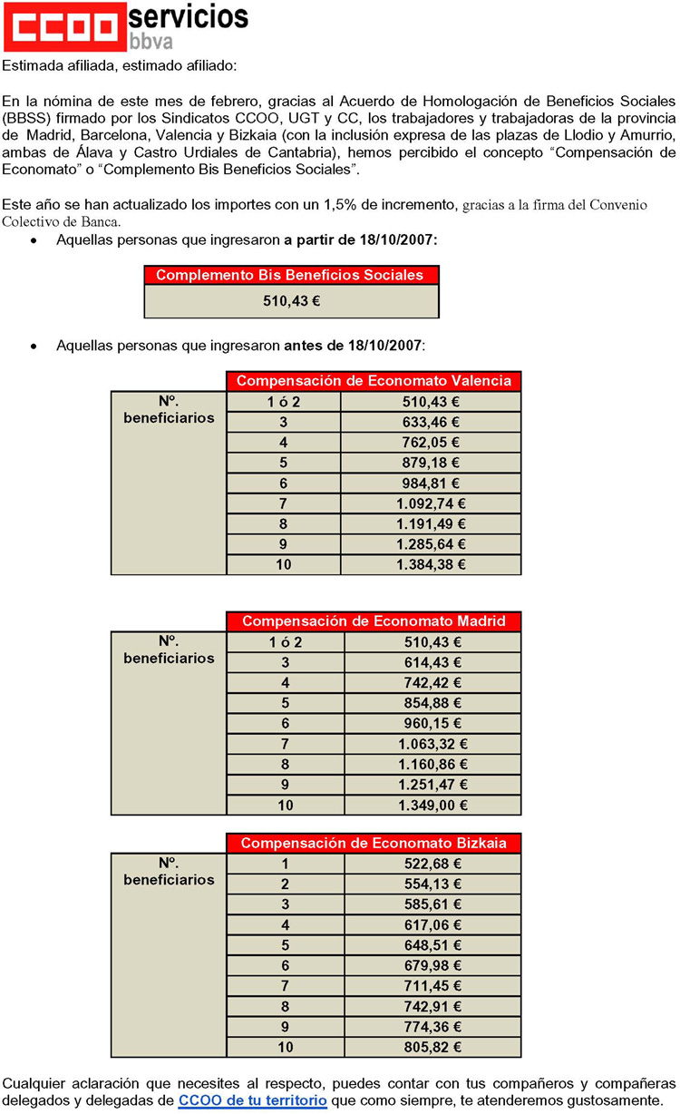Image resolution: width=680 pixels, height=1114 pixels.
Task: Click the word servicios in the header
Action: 189,15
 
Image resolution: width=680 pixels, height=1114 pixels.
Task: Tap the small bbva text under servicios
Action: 151,41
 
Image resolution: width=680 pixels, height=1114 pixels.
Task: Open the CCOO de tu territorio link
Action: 251,1100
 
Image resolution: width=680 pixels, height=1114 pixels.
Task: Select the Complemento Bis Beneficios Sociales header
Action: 291,275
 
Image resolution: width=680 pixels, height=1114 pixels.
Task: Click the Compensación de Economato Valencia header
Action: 374,381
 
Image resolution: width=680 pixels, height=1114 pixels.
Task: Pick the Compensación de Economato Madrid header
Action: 374,621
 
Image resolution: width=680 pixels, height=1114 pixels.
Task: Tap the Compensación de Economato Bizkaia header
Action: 374,843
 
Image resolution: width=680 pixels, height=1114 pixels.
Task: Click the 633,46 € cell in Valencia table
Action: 431,421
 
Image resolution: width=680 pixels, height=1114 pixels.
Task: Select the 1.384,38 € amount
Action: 431,564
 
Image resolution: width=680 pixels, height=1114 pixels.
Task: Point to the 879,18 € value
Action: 431,462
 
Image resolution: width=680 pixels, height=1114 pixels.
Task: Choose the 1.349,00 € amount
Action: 432,806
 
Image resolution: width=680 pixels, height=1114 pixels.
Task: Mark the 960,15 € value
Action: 432,724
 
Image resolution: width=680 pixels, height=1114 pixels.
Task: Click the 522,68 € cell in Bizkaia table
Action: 432,864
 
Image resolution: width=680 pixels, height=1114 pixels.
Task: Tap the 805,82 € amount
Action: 432,1047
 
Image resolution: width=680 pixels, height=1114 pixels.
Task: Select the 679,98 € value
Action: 432,965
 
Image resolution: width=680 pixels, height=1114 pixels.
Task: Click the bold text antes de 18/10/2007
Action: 354,346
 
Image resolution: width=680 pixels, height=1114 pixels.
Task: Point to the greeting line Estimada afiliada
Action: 118,65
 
